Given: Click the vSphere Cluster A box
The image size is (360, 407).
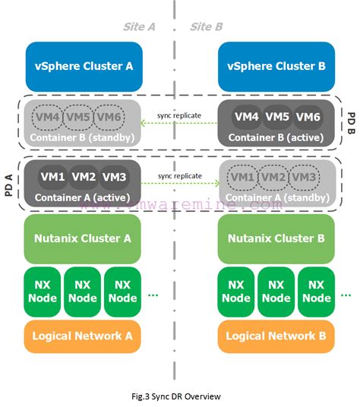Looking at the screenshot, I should point(84,66).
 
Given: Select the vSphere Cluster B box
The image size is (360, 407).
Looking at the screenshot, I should point(276,66).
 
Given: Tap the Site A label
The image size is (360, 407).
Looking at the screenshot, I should point(140,26).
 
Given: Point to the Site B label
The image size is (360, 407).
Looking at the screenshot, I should point(206,26).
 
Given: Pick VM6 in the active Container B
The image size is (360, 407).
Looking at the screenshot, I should point(307,117).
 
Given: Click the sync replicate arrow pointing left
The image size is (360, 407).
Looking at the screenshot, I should point(180,124).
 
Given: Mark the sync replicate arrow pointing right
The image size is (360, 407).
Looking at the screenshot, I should point(180,183).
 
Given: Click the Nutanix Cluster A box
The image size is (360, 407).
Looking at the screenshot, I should point(84,238).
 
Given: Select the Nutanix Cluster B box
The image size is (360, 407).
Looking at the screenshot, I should point(276,238).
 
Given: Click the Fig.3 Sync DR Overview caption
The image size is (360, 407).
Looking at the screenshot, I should point(180,396).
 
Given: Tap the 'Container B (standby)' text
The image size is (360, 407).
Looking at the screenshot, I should point(84,137).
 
